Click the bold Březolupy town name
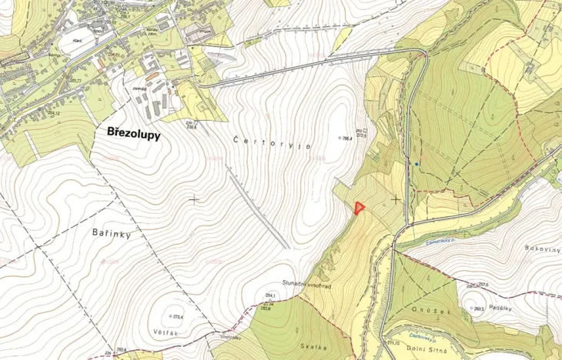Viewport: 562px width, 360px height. tap(132, 132)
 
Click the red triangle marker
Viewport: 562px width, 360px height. tap(359, 207)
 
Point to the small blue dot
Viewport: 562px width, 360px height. tap(416, 164)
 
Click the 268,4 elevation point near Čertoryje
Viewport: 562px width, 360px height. tap(347, 138)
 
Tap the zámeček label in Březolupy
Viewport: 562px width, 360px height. tap(141, 88)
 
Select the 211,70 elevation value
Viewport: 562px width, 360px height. tap(393, 343)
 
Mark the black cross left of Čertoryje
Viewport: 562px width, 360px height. tap(194, 198)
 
